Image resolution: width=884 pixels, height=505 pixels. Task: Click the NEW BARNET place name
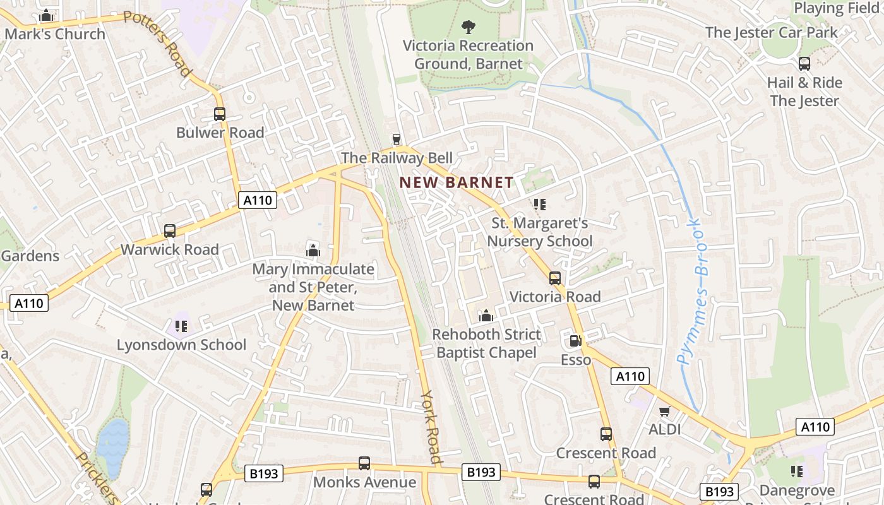pyautogui.click(x=457, y=183)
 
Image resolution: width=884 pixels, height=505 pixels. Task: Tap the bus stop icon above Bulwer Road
pyautogui.click(x=220, y=114)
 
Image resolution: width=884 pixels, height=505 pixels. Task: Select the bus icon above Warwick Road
pyautogui.click(x=170, y=231)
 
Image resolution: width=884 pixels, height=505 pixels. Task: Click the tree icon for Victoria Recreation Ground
pyautogui.click(x=468, y=27)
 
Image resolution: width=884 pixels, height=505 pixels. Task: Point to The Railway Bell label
pyautogui.click(x=397, y=158)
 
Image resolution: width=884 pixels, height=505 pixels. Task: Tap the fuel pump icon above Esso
pyautogui.click(x=575, y=341)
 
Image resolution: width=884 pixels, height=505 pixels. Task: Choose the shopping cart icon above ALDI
pyautogui.click(x=664, y=412)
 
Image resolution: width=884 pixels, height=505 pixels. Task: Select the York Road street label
pyautogui.click(x=431, y=427)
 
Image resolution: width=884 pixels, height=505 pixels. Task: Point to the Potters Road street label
pyautogui.click(x=157, y=44)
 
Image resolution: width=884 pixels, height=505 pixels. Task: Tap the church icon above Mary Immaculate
pyautogui.click(x=313, y=250)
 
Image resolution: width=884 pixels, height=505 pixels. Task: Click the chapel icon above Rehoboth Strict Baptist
pyautogui.click(x=486, y=316)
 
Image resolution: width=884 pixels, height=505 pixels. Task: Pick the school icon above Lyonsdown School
pyautogui.click(x=181, y=326)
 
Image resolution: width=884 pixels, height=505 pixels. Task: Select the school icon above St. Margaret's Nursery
pyautogui.click(x=539, y=204)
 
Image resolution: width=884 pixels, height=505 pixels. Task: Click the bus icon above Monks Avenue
pyautogui.click(x=364, y=463)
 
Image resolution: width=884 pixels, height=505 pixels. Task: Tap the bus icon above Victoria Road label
pyautogui.click(x=555, y=278)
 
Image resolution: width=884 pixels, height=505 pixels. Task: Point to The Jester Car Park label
pyautogui.click(x=771, y=32)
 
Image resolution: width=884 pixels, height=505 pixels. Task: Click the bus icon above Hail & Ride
pyautogui.click(x=804, y=64)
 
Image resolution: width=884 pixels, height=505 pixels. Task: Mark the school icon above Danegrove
pyautogui.click(x=797, y=472)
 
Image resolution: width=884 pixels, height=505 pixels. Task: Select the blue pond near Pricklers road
pyautogui.click(x=112, y=445)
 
